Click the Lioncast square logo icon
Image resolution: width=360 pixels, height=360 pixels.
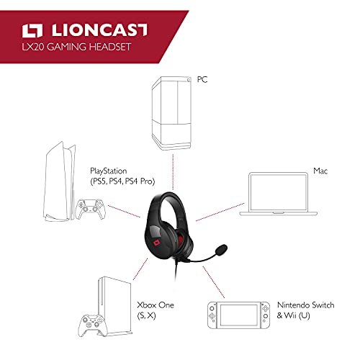point(32,31)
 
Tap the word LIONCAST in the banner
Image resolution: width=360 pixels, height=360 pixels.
point(99,30)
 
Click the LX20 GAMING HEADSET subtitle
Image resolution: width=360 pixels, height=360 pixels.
point(76,47)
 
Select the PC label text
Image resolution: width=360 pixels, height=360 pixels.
point(202,79)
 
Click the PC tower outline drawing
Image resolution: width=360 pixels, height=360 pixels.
point(171,113)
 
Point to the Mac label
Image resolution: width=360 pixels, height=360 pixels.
point(320,171)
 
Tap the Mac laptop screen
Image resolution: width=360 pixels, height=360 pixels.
point(279,192)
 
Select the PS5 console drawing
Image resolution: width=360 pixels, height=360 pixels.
point(59,181)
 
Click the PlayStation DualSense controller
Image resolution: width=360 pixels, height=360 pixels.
point(90,209)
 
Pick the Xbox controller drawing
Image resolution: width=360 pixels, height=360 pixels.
point(92,325)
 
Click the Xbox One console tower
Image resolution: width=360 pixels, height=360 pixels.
point(115,305)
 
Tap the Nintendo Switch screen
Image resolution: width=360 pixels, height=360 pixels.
point(239,315)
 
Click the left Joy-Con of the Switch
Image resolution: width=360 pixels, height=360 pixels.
point(212,315)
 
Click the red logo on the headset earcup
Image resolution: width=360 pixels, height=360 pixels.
point(157,243)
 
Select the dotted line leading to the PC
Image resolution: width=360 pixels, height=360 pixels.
point(173,171)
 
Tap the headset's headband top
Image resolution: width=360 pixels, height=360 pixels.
point(169,193)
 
